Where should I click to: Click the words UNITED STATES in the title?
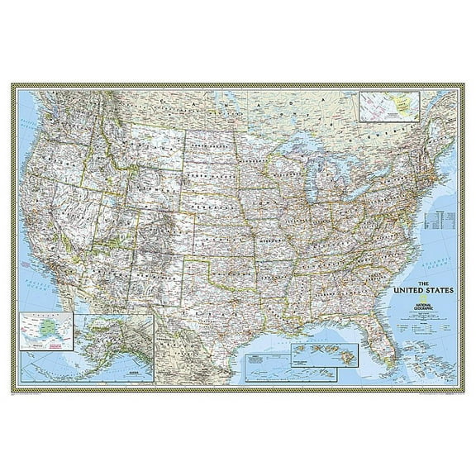click(x=421, y=290)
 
